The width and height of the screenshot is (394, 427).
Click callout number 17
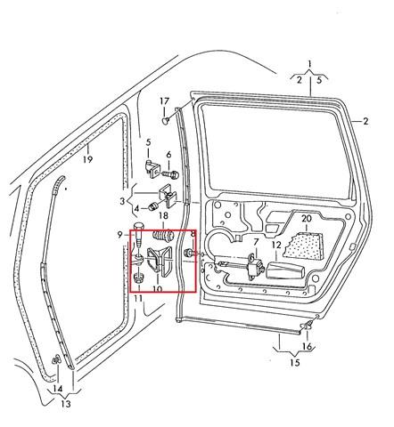coord(164,101)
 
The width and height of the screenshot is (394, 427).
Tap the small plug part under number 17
coord(166,120)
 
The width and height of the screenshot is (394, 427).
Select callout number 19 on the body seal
coord(87,159)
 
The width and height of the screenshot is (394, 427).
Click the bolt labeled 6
coord(169,173)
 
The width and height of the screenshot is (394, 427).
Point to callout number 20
coord(307,219)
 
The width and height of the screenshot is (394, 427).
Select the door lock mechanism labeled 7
coord(254,265)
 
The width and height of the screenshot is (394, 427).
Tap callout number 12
coord(276,246)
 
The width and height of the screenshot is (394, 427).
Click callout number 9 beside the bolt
coord(119,235)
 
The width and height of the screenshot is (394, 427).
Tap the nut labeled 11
coord(138,278)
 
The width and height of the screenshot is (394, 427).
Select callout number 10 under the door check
coord(158,288)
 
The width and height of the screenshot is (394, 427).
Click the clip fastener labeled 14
coord(55,359)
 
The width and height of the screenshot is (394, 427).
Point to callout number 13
coord(66,404)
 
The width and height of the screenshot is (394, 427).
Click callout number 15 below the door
coord(295,363)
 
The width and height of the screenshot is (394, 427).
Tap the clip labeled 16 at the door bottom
coord(308,326)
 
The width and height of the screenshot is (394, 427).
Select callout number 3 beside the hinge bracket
coord(122,202)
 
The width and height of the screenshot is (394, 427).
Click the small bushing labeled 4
coord(153,206)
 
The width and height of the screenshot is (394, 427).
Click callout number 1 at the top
coord(309,64)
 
